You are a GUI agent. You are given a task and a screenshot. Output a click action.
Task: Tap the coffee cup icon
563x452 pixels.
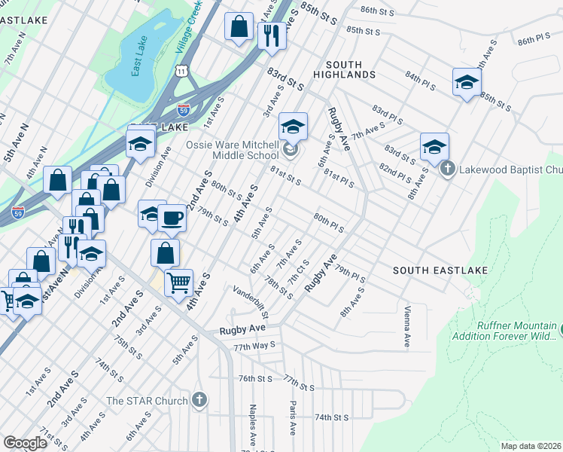point(172,218)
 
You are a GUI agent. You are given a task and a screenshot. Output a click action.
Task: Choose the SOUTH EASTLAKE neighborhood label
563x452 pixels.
point(440,270)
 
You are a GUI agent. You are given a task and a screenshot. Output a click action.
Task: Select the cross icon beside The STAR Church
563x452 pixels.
point(199,400)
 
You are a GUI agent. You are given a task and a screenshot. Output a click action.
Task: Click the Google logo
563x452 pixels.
point(26,443)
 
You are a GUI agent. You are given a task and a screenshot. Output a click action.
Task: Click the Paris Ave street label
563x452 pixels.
point(292,418)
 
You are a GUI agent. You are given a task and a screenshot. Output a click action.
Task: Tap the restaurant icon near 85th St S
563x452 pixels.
point(272,34)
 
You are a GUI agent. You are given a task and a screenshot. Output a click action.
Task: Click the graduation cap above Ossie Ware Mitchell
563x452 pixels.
point(294,126)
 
